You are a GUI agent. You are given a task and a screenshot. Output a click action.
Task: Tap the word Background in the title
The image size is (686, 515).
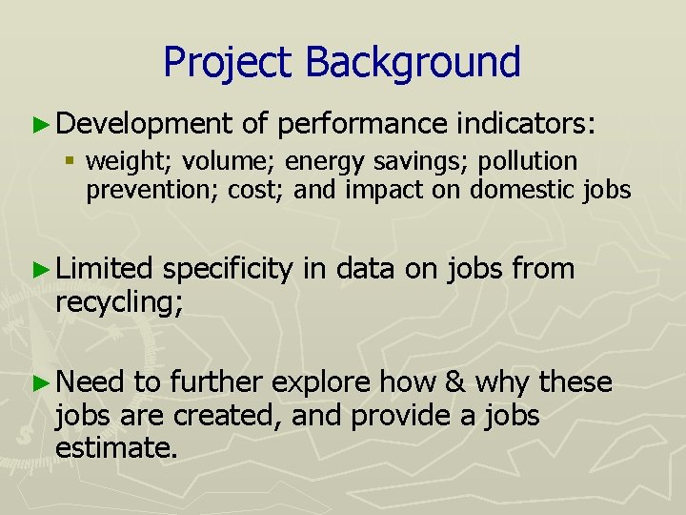tap(414, 62)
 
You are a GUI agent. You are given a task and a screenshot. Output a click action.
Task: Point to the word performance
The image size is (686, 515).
tap(363, 124)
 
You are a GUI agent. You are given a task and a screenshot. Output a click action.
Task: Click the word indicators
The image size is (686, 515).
tap(527, 123)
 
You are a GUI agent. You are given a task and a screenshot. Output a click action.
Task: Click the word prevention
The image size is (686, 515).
tap(151, 190)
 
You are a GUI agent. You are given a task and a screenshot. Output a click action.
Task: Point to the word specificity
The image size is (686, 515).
tap(228, 270)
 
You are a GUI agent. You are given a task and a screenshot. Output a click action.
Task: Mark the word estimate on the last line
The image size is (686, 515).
tap(117, 448)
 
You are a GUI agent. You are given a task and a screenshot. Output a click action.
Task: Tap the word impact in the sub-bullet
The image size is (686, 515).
tap(377, 189)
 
